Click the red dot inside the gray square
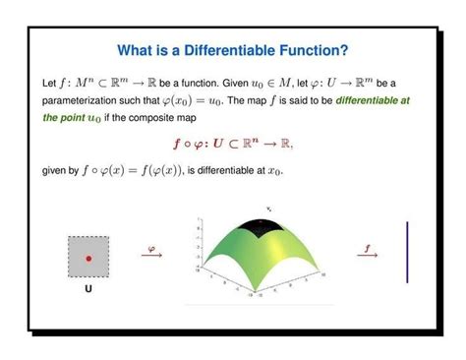tap(88, 259)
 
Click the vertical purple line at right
tap(407, 253)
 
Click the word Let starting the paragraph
tap(51, 82)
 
